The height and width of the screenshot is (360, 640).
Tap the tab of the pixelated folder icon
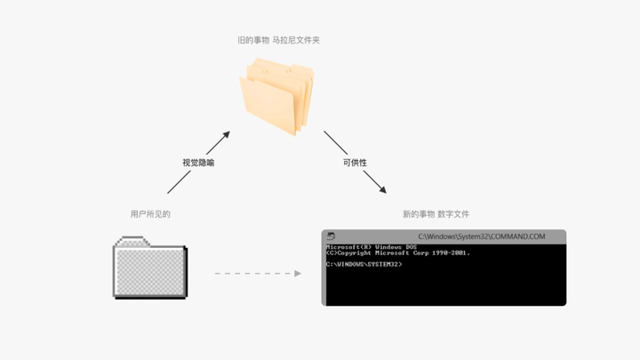click(x=132, y=240)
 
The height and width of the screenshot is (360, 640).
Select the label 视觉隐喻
click(x=197, y=163)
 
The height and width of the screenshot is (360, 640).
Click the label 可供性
click(x=355, y=163)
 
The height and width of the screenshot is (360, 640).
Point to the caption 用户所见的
click(x=149, y=214)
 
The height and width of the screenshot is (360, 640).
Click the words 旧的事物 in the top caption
click(x=253, y=40)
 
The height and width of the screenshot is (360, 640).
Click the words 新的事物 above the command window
click(x=418, y=214)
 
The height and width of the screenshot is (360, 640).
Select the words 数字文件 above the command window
click(x=453, y=214)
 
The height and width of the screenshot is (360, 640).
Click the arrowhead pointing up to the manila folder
click(x=226, y=135)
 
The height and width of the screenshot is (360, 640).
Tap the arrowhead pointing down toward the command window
click(x=382, y=189)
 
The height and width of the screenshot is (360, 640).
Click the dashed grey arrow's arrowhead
click(x=298, y=273)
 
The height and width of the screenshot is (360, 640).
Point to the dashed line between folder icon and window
click(x=253, y=273)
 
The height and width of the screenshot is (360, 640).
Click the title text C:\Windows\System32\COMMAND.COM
click(x=481, y=236)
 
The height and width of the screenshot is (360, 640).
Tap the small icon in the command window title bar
click(x=331, y=236)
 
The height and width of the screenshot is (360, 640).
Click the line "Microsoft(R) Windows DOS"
click(x=371, y=246)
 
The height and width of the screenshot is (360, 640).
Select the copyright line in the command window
click(x=397, y=253)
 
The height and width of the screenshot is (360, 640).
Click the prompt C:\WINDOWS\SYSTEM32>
click(x=364, y=264)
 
